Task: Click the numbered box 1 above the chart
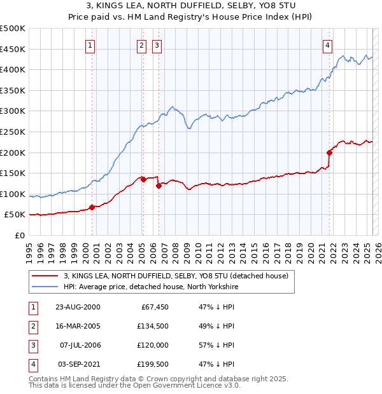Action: point(90,45)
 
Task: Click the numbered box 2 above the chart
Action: point(141,45)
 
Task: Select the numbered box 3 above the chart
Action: point(157,45)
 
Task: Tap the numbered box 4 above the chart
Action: point(327,45)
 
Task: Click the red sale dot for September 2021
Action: point(330,153)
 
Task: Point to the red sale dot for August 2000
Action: point(92,207)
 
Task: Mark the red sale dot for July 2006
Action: point(159,186)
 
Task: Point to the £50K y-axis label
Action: point(15,215)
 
